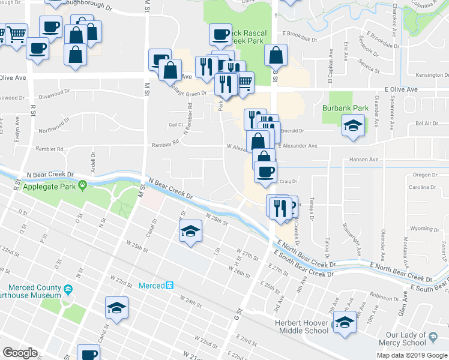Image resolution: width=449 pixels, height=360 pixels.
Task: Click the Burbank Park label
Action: click(x=345, y=108)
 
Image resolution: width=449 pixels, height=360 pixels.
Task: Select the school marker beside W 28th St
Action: click(x=190, y=231)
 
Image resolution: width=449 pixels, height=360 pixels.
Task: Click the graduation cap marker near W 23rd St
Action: click(x=116, y=308)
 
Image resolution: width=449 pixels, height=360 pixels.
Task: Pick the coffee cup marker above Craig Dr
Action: click(x=265, y=172)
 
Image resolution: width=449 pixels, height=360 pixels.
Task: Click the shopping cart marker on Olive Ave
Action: click(x=244, y=83)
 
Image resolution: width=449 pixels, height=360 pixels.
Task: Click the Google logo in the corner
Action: click(x=20, y=353)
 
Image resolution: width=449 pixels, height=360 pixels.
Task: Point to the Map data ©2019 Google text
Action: click(x=412, y=355)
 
